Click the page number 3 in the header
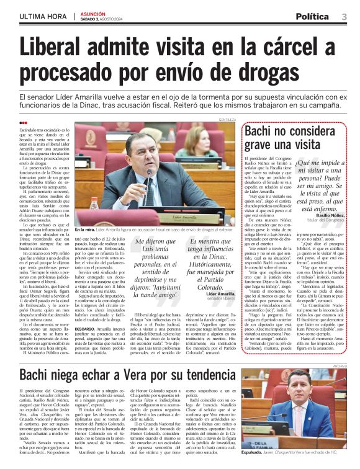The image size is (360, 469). coord(344,16)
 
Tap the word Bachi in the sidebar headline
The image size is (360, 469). coord(268,131)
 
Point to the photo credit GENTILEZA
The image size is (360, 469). coord(228,119)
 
